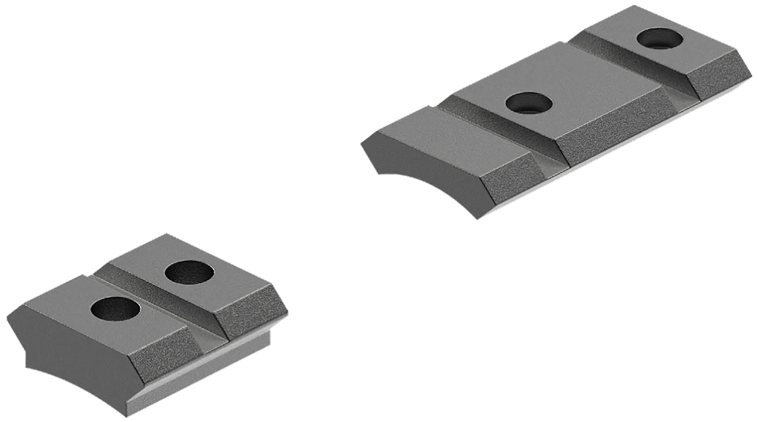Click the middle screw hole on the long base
click(x=529, y=103)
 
